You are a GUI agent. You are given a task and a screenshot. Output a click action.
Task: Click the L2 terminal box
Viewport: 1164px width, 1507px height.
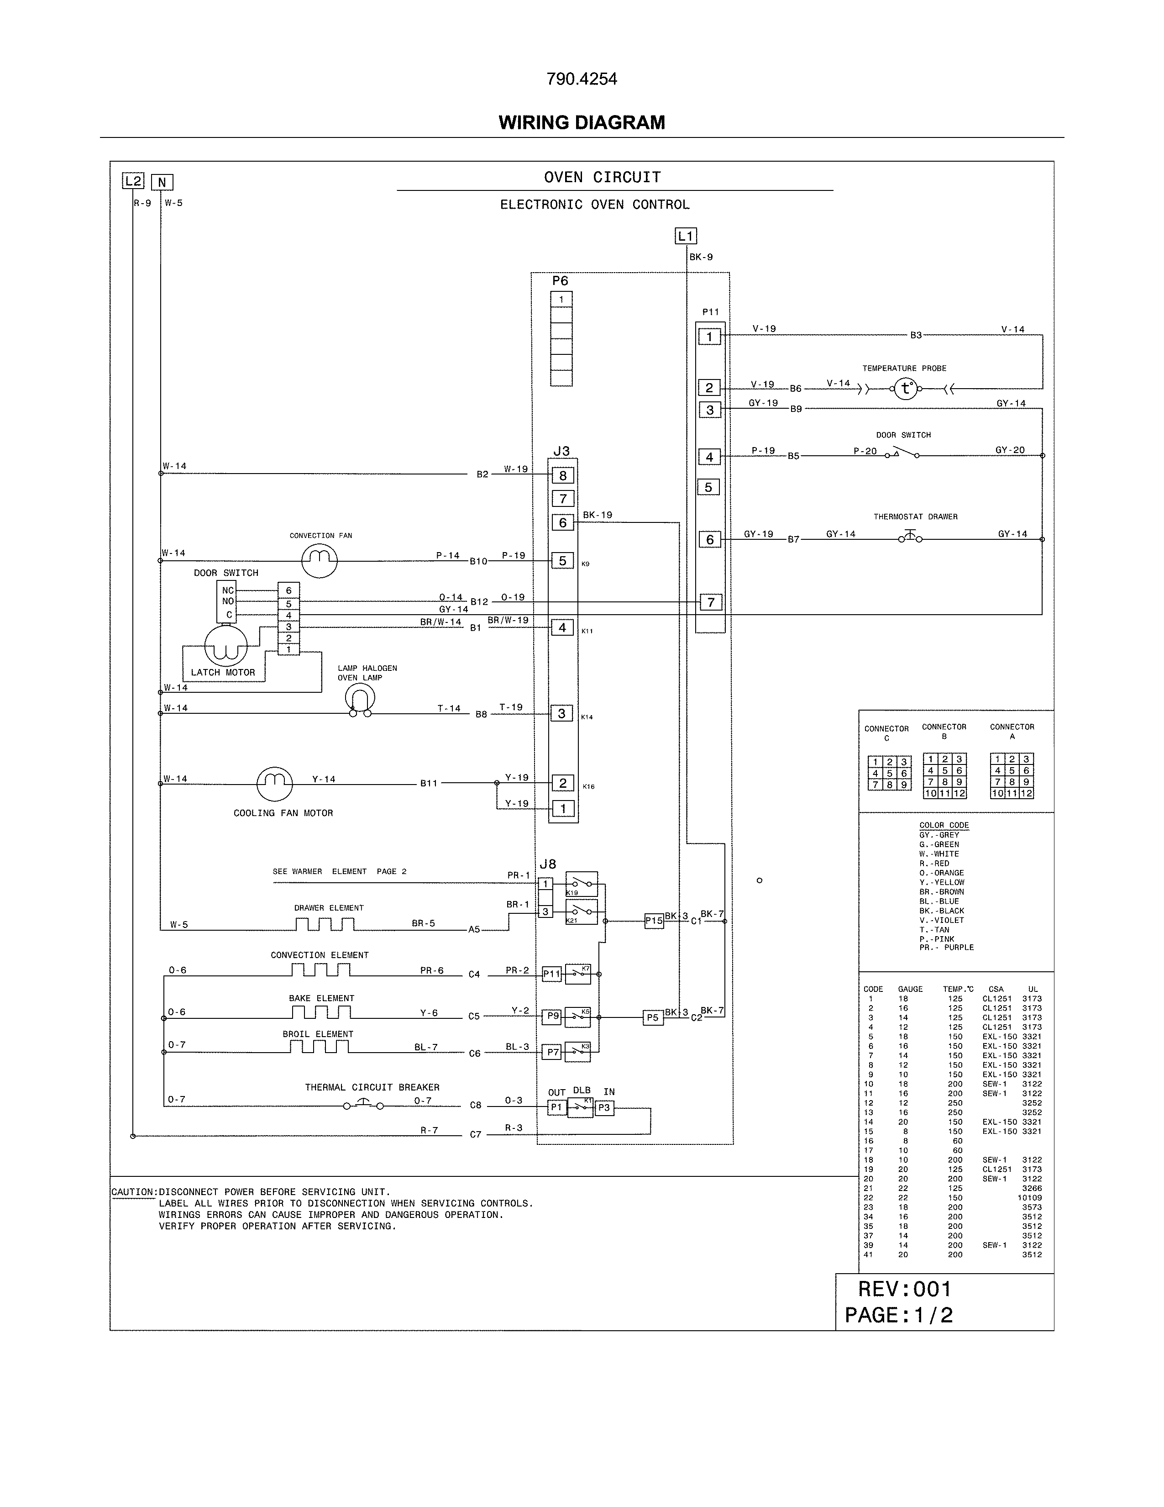[133, 181]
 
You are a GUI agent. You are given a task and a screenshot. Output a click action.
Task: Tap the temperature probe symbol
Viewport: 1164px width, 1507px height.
[906, 389]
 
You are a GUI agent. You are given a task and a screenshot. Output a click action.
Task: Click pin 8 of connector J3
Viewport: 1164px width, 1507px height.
[563, 475]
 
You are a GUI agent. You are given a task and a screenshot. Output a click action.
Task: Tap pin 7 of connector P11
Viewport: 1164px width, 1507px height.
[710, 602]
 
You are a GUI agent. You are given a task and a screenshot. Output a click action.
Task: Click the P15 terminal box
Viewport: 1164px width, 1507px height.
[654, 921]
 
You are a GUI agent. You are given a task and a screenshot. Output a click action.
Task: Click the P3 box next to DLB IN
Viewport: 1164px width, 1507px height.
[604, 1107]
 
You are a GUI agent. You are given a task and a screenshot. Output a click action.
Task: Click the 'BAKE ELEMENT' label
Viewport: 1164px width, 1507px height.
[321, 998]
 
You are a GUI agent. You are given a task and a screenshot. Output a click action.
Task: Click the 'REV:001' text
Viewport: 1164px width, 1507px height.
[904, 1289]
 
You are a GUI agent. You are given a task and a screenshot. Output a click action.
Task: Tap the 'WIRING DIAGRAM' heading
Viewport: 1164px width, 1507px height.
[581, 123]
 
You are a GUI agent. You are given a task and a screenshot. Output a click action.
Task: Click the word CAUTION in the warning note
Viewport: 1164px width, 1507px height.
[133, 1191]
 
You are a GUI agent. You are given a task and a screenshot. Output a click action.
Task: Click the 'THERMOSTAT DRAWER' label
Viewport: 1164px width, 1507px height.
[915, 517]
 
